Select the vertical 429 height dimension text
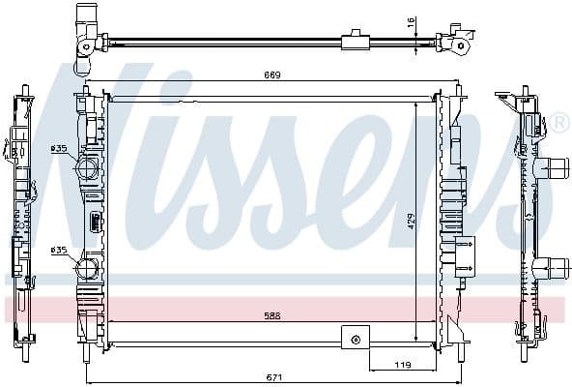[x=410, y=221]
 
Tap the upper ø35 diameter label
[x=59, y=148]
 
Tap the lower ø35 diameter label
[x=59, y=250]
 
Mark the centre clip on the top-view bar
[x=355, y=41]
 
